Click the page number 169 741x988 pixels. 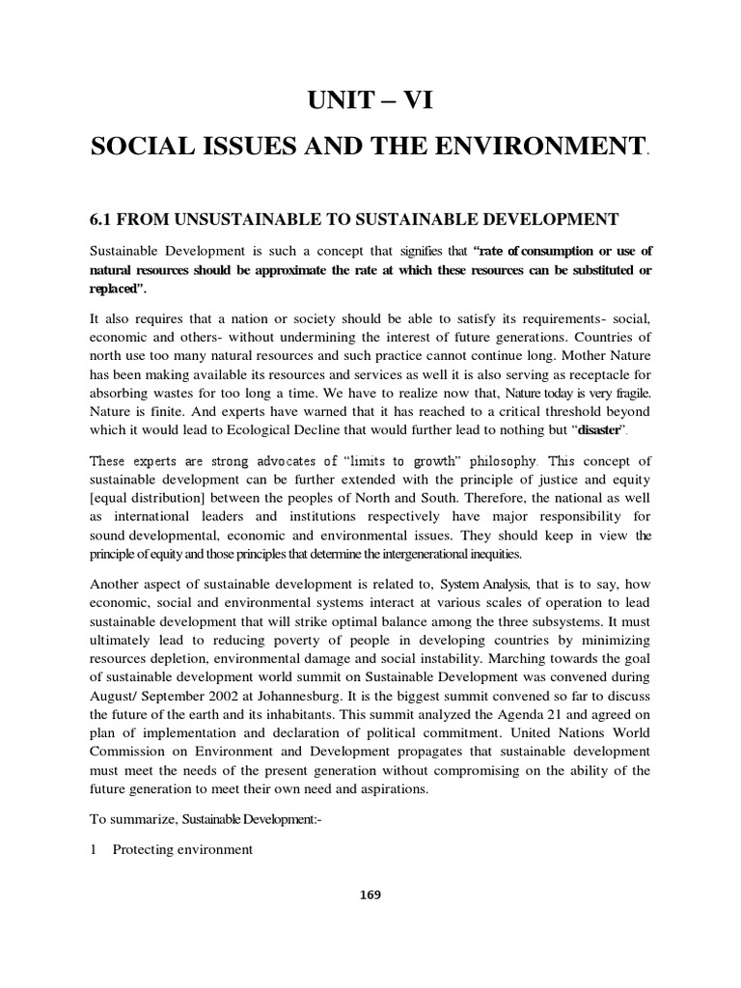point(370,894)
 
